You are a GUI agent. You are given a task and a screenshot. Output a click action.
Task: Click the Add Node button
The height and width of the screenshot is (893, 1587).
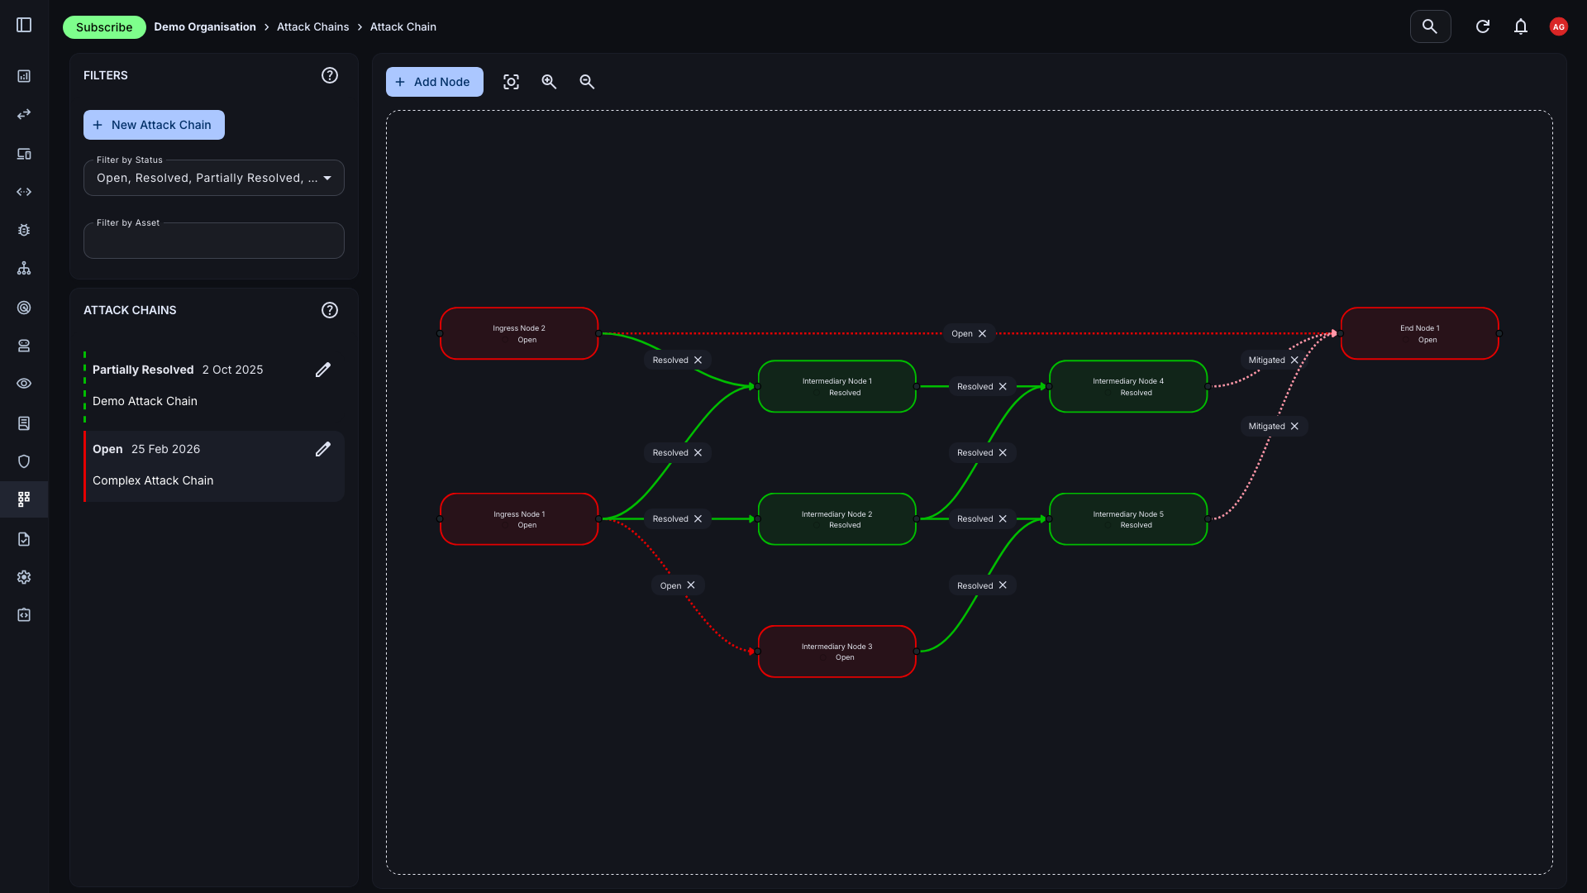434,82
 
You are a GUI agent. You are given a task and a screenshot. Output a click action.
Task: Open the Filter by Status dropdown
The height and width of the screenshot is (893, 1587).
213,178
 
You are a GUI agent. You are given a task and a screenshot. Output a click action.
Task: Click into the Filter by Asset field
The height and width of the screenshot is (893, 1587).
213,241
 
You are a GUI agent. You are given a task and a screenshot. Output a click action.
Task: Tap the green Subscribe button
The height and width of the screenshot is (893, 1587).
104,27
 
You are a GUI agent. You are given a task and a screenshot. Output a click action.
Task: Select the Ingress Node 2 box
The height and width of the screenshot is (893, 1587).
519,334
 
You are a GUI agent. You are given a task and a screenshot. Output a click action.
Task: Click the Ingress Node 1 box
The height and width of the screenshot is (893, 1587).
519,519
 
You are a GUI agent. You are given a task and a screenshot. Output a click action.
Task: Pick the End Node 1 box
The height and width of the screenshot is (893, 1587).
1419,334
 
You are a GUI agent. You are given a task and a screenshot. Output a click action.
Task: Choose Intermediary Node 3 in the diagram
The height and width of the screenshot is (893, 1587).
836,652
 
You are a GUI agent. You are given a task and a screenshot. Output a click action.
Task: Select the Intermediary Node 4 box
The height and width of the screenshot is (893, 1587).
1127,386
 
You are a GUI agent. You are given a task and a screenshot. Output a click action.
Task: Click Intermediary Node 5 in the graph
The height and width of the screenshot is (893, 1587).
1127,519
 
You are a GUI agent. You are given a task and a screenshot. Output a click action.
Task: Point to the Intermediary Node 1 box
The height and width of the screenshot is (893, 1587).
836,386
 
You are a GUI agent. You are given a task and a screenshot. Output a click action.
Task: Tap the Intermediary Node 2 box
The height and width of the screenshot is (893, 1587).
836,519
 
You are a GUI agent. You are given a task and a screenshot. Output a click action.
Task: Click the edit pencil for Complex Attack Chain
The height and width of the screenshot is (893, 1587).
323,449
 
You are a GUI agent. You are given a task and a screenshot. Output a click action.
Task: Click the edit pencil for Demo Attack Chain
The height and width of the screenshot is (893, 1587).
323,370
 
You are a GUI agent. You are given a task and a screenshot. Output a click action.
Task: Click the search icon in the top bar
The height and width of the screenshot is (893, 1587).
1430,26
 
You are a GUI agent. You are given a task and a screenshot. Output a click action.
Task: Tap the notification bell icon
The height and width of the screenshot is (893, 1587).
1520,26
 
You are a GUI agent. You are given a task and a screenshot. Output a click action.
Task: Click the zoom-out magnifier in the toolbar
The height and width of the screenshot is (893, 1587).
587,82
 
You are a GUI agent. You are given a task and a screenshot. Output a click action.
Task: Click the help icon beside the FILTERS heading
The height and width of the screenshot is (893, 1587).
330,75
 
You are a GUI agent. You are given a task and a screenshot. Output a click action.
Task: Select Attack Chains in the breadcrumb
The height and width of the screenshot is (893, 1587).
312,27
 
